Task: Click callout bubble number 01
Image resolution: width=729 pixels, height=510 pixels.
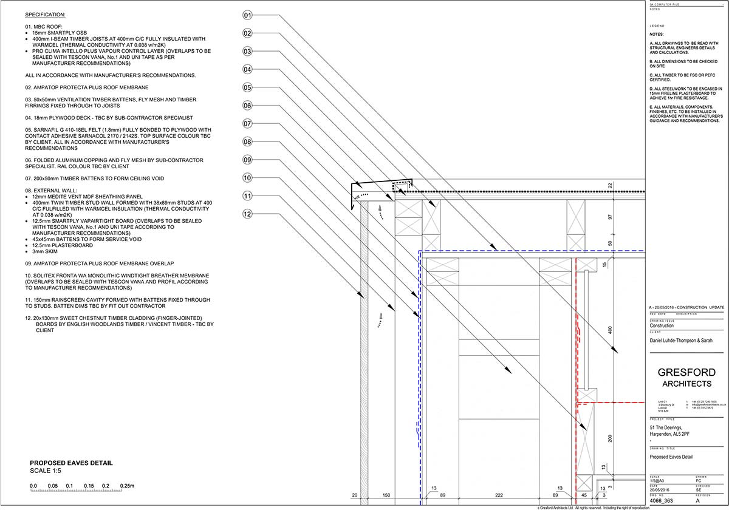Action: [247, 15]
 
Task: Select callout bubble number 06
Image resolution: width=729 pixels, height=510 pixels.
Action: [247, 106]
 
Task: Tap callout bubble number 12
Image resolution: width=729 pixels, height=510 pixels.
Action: [247, 214]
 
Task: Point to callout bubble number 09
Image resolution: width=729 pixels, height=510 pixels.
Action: [247, 160]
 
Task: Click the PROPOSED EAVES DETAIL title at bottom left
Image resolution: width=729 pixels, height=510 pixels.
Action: [71, 463]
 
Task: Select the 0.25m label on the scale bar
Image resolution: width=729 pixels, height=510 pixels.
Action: [126, 486]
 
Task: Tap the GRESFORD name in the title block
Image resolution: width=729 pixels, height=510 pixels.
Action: [686, 372]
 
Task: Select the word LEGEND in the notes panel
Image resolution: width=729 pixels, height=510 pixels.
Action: [657, 27]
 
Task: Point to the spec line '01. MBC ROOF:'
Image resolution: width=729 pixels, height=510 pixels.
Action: [44, 27]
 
